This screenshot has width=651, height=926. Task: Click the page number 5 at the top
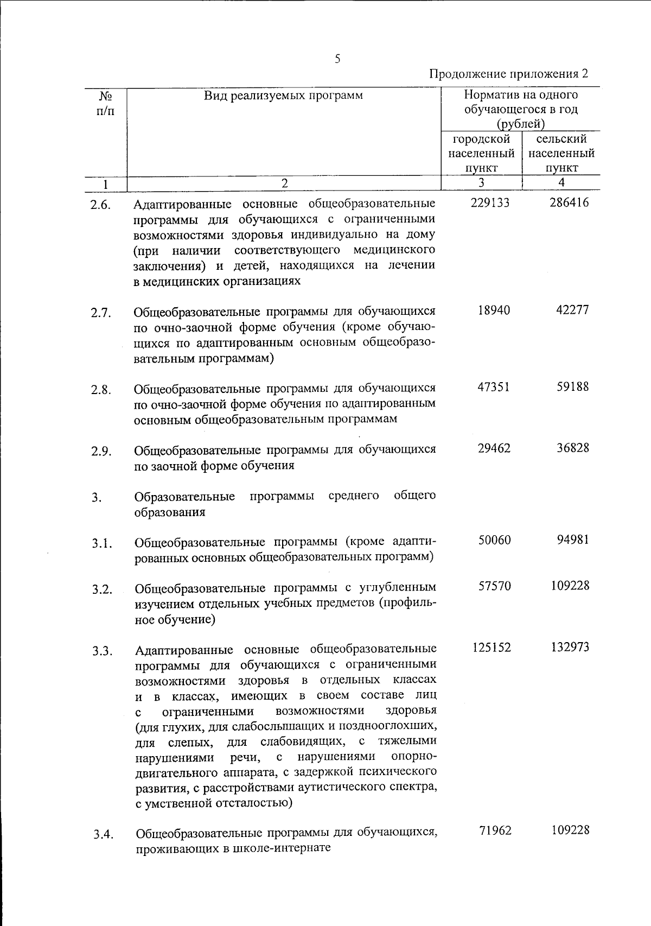[337, 59]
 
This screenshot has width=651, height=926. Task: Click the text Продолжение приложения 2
[508, 74]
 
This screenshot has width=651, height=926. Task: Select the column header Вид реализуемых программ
[283, 96]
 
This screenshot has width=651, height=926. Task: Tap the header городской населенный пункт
[481, 154]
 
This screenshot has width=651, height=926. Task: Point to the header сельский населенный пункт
[561, 154]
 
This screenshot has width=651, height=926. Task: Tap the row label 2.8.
[101, 390]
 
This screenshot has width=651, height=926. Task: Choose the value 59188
[572, 388]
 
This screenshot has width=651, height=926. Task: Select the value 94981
[572, 540]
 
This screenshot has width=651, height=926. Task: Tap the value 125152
[491, 648]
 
